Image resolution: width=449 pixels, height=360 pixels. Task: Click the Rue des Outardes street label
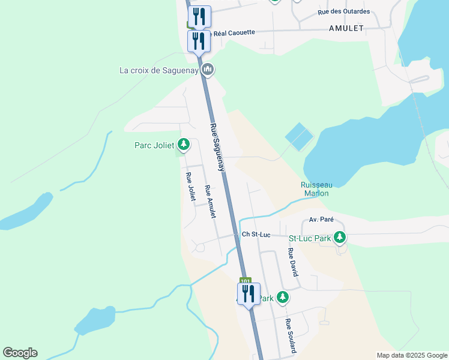(x=344, y=11)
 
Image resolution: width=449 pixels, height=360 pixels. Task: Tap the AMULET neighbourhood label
(x=346, y=28)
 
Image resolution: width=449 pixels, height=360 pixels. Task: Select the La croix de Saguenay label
(x=158, y=70)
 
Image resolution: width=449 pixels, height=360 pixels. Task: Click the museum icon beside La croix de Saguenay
(x=208, y=70)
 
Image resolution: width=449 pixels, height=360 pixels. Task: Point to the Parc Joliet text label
(x=154, y=145)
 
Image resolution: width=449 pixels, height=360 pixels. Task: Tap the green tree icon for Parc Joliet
(x=184, y=145)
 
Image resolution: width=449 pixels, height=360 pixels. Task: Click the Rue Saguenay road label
(x=217, y=148)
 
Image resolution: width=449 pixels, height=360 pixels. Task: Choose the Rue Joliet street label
(x=191, y=187)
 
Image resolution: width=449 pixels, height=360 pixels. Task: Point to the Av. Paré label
(x=321, y=220)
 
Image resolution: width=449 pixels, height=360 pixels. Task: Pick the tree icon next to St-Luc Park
(x=340, y=238)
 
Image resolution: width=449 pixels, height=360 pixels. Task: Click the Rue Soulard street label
(x=289, y=335)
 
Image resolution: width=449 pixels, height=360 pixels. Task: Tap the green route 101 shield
(x=245, y=280)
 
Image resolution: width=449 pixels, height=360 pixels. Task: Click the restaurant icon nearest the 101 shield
(x=249, y=294)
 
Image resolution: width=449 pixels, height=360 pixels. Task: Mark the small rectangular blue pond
(x=298, y=137)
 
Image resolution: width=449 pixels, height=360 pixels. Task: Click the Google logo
(x=20, y=353)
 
